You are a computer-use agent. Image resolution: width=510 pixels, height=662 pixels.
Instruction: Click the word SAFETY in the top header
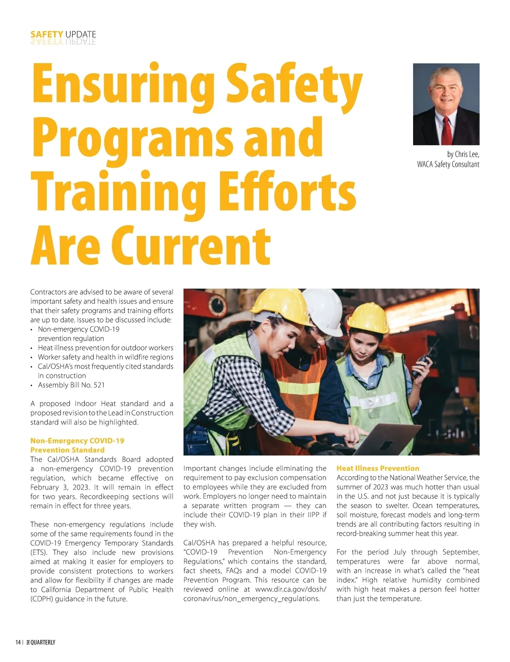coord(47,34)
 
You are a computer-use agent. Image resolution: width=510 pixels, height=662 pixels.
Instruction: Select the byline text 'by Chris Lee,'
coord(463,154)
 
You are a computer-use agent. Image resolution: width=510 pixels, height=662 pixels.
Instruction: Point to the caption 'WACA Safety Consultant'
coord(448,164)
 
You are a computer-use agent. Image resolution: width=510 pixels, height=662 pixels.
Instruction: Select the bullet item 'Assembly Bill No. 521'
coord(71,385)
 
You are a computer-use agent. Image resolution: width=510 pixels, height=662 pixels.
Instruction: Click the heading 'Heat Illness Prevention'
coord(378,468)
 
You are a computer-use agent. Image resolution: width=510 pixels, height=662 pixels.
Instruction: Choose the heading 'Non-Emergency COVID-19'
coord(77,441)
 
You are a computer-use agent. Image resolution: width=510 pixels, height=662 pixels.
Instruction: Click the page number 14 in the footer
coord(18,642)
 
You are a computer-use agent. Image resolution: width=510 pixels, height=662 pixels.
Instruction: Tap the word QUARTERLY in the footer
coord(43,642)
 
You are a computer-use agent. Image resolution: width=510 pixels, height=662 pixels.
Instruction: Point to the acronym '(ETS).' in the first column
coord(39,552)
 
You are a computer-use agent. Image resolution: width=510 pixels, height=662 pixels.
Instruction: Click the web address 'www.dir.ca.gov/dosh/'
coord(291,589)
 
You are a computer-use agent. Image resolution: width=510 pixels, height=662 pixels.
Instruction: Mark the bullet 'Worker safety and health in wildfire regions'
coord(105,357)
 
